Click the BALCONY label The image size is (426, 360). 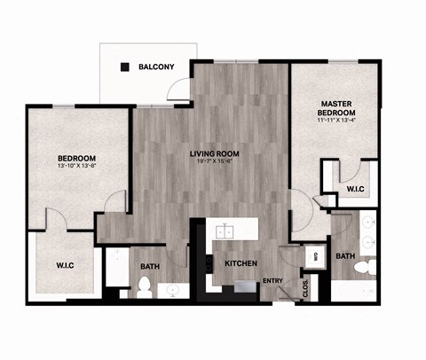(x=156, y=67)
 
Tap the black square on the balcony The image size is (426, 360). (x=125, y=67)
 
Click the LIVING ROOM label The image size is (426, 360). (x=211, y=153)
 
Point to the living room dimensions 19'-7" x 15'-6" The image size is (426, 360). (x=211, y=161)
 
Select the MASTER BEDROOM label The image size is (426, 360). (x=337, y=109)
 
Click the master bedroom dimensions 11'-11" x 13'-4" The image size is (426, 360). (x=337, y=121)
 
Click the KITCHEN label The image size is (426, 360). (x=241, y=263)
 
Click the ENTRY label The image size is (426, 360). (x=272, y=282)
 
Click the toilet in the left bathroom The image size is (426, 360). (x=144, y=286)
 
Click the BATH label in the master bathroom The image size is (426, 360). (x=344, y=256)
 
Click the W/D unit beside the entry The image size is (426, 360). (x=313, y=257)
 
